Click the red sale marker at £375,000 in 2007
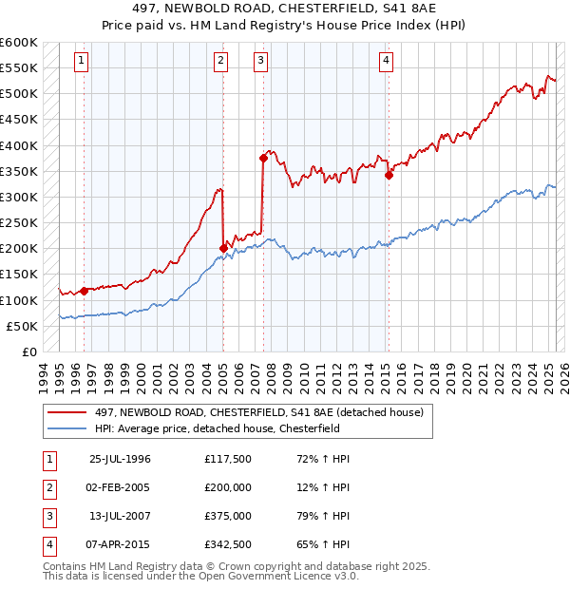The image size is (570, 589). point(263,159)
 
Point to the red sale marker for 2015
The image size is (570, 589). point(389,175)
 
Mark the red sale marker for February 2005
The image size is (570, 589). point(223,249)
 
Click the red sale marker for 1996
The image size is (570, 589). point(85,291)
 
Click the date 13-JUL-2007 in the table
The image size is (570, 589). point(120,516)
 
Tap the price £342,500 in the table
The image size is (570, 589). point(227,545)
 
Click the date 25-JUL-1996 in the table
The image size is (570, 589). point(120,459)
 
